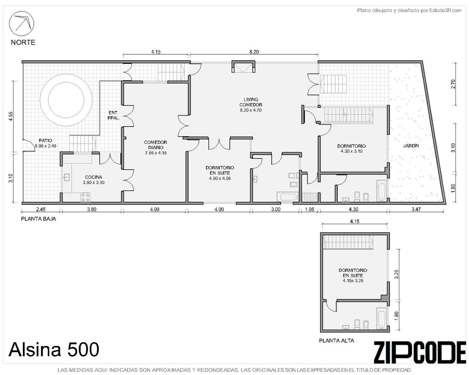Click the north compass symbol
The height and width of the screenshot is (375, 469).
pos(21,23)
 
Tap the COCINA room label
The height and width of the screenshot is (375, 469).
pos(93,177)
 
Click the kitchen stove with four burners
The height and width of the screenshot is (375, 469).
pos(86,197)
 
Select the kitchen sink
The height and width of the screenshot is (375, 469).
pos(66,177)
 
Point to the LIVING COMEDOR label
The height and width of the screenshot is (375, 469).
pos(251,102)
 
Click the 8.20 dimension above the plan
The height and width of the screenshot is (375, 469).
pos(254,52)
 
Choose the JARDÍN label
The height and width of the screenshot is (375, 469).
pos(411,146)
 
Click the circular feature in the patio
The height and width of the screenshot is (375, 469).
pos(66,100)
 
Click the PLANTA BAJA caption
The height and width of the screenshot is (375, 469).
pos(38,219)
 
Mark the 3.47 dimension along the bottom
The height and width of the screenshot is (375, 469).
pos(416,209)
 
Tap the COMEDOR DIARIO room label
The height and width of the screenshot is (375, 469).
pos(156,145)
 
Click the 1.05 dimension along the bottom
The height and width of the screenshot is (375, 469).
pos(310,209)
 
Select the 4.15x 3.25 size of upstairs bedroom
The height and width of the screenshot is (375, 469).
pos(353,281)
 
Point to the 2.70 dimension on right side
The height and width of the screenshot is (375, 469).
pos(453,84)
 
